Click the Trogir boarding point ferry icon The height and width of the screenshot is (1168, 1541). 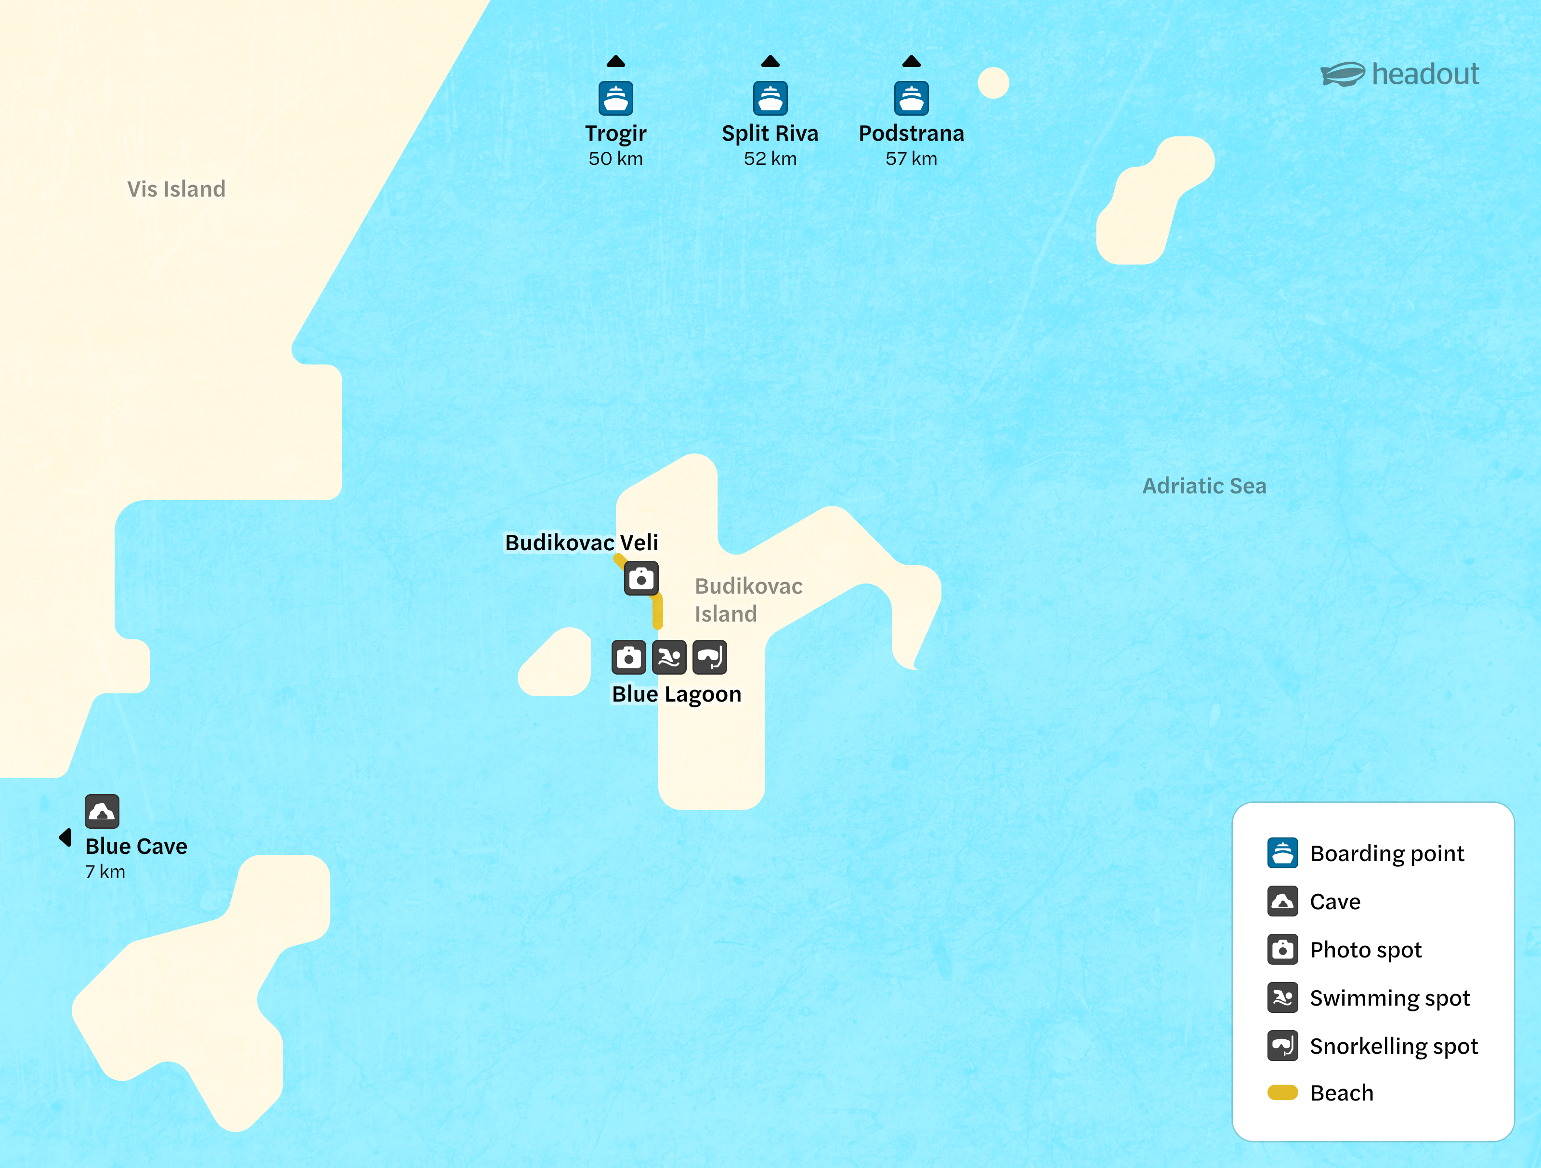[x=616, y=98]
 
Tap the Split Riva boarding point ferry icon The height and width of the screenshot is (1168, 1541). [x=770, y=98]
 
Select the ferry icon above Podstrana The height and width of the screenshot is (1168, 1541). [x=911, y=98]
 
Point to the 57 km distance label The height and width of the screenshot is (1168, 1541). [x=911, y=159]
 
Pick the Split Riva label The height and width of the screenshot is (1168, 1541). [x=770, y=133]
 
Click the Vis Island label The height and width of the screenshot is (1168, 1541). [x=176, y=189]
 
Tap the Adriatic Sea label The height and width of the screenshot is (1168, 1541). [x=1204, y=486]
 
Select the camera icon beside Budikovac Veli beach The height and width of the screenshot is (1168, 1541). [x=641, y=578]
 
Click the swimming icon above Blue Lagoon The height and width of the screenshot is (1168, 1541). [x=669, y=657]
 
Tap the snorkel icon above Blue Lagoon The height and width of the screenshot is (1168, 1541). [x=709, y=657]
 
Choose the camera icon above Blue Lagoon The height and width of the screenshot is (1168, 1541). [x=628, y=657]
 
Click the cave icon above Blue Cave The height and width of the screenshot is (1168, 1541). [x=102, y=811]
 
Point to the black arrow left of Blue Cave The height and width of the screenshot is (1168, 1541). [x=65, y=837]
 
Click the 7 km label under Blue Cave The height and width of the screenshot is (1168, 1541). [x=105, y=872]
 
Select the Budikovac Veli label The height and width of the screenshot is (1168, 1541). [x=581, y=542]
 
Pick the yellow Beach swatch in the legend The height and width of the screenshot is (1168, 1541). [x=1282, y=1092]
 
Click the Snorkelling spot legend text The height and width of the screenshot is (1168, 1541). [x=1393, y=1046]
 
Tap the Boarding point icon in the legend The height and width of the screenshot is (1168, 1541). [x=1282, y=853]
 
